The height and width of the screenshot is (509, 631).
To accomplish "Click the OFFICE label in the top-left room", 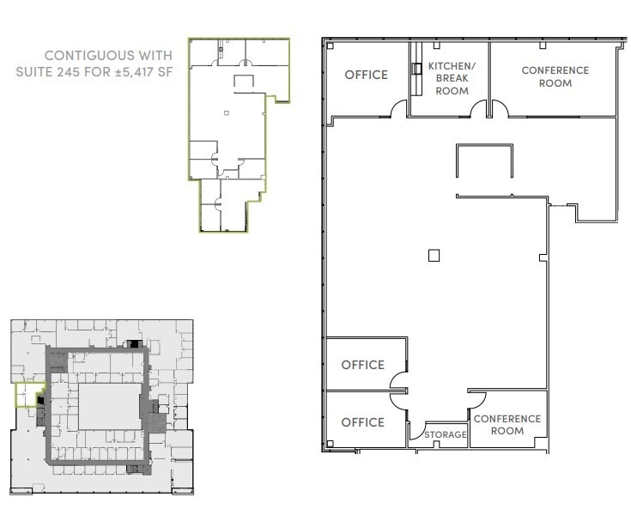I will pos(366,75).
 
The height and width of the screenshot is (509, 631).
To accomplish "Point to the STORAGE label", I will pos(446,435).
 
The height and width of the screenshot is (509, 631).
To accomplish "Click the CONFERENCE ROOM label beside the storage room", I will pos(507,424).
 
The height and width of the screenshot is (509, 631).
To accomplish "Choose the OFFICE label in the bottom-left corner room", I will pos(362,422).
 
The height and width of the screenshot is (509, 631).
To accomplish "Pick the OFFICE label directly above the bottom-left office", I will pos(362,365).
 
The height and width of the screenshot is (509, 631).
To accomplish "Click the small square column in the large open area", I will pos(434,255).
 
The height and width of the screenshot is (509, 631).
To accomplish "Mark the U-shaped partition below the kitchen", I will pos(484,160).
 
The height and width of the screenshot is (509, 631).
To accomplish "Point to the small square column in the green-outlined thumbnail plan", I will pos(226,112).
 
